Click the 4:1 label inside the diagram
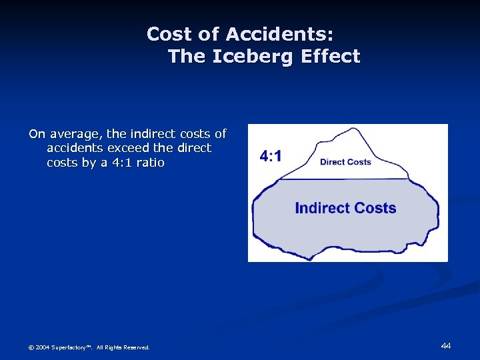[x=270, y=157]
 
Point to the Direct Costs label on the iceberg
[x=345, y=162]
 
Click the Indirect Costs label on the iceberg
[x=345, y=208]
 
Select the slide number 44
[x=446, y=345]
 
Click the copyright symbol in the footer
[x=31, y=347]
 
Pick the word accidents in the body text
[x=74, y=148]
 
